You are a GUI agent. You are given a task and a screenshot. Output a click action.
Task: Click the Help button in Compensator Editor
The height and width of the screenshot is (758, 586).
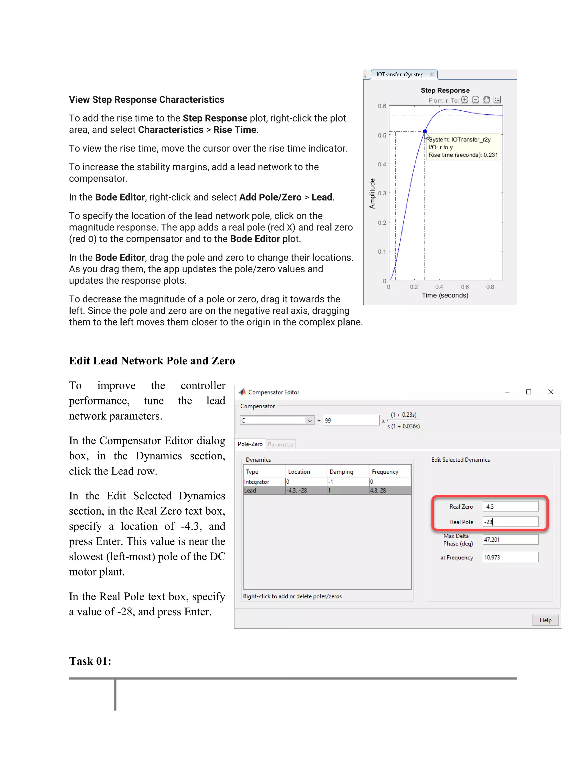click(x=545, y=620)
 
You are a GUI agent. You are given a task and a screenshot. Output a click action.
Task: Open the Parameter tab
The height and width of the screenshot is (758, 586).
click(x=280, y=444)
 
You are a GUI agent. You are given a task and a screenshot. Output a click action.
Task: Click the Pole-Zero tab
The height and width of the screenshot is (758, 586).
click(x=250, y=444)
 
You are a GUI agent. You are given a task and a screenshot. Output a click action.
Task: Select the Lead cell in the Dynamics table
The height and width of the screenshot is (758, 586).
click(x=250, y=490)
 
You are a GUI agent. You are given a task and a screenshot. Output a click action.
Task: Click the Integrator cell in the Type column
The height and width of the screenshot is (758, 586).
click(x=257, y=482)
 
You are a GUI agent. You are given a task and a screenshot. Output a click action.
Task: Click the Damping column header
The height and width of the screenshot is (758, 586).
click(x=341, y=472)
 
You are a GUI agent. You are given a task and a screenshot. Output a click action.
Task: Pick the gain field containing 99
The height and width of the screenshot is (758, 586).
click(x=351, y=420)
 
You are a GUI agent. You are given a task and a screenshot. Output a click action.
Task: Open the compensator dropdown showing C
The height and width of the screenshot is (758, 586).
click(x=310, y=420)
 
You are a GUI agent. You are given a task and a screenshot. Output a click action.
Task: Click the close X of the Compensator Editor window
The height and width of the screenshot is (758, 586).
click(x=551, y=392)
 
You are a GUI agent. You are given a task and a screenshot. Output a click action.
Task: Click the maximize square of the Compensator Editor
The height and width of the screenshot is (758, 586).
click(x=528, y=392)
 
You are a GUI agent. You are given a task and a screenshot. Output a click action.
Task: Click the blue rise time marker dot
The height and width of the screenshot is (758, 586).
click(x=425, y=132)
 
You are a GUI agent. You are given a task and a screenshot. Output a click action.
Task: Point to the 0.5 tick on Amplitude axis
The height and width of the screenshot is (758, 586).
click(x=382, y=135)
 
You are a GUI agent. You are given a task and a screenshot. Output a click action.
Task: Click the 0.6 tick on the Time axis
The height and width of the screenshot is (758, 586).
click(x=464, y=287)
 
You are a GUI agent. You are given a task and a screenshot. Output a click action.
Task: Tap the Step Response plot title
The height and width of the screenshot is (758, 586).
click(x=445, y=90)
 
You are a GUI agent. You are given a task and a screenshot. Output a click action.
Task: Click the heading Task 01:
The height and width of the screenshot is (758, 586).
click(x=90, y=661)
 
